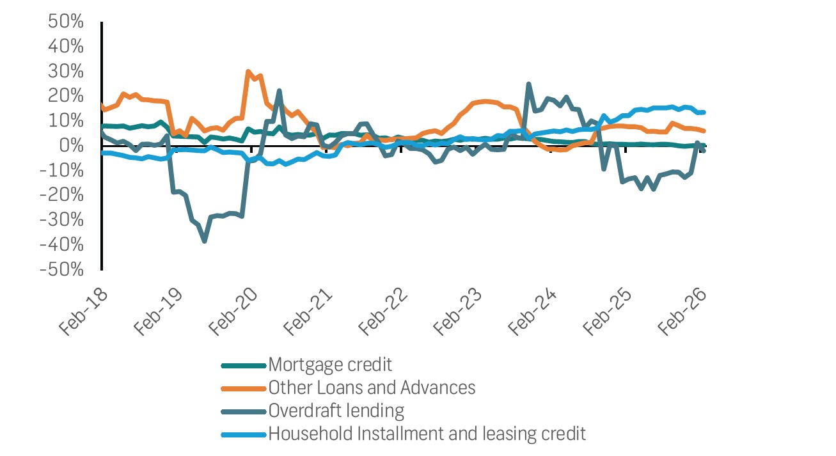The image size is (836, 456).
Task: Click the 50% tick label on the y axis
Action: tap(66, 22)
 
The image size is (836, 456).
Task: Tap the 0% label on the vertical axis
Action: tap(72, 146)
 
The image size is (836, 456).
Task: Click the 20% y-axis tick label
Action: tap(66, 96)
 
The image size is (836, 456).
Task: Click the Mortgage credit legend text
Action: tap(330, 365)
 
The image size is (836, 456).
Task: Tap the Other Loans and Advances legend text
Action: tap(372, 388)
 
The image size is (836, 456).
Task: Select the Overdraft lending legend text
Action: tap(336, 410)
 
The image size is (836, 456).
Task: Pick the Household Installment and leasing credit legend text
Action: tap(427, 433)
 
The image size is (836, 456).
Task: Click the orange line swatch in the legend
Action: tap(243, 388)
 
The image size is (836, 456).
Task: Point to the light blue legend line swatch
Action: tap(243, 434)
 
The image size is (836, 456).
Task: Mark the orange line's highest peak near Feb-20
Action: tap(248, 72)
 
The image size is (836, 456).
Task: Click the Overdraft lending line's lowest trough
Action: tap(204, 240)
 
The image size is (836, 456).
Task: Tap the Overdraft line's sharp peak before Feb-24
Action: tap(528, 84)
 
